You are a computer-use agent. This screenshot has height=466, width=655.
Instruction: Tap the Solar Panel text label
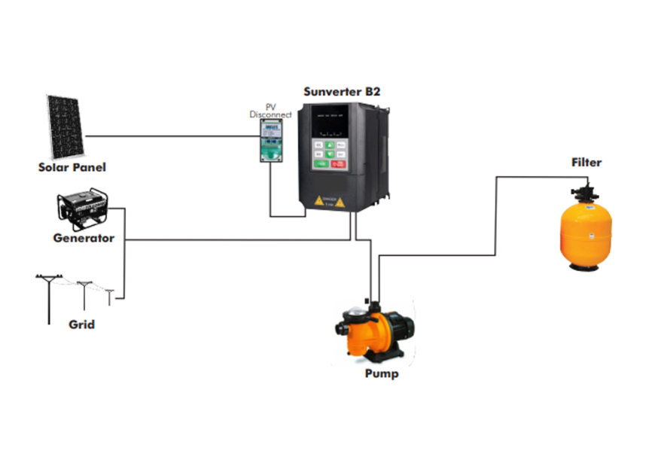coord(72,167)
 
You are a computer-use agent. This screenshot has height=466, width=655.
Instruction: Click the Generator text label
coord(84,239)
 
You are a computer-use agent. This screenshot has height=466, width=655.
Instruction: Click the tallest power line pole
coord(48,299)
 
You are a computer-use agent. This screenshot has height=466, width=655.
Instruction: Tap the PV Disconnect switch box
coord(267,142)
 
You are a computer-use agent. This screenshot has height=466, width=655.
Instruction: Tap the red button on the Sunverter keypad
coord(340,162)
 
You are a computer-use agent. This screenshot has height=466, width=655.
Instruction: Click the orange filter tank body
coord(585,230)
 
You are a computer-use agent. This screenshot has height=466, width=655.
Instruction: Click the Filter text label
coord(586,163)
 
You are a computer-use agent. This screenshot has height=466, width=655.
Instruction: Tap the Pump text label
coord(382,373)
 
